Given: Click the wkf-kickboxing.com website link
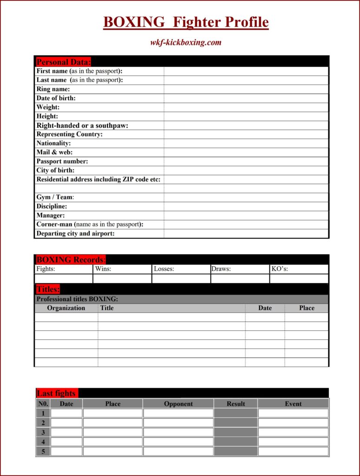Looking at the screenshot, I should [x=186, y=43].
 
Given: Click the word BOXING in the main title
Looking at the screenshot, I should [x=134, y=22].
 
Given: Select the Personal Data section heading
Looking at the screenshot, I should [x=64, y=62].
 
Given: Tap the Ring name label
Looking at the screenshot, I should [x=53, y=89].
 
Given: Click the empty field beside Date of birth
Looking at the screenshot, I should [x=246, y=98].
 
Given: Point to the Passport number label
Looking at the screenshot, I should [x=62, y=161].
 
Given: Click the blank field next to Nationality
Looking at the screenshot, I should [x=246, y=143].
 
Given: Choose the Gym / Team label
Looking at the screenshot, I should [x=55, y=197].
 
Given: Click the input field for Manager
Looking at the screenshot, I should [x=246, y=215].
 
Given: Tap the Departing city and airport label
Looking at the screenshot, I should [x=75, y=233].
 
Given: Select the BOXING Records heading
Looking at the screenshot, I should [x=71, y=259].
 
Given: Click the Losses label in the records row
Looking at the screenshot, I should [x=164, y=269].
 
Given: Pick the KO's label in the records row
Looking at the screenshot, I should [x=280, y=269].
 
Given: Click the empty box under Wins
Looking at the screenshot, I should [x=122, y=278].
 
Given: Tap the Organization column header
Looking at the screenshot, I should [x=66, y=308].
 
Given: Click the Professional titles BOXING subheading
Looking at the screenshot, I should [x=77, y=299].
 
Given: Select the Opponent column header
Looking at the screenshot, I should [x=178, y=403].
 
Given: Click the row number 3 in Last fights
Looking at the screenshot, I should [x=43, y=432].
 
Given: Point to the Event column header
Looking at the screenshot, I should [x=293, y=403].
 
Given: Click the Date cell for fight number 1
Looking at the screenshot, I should [x=66, y=413].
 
